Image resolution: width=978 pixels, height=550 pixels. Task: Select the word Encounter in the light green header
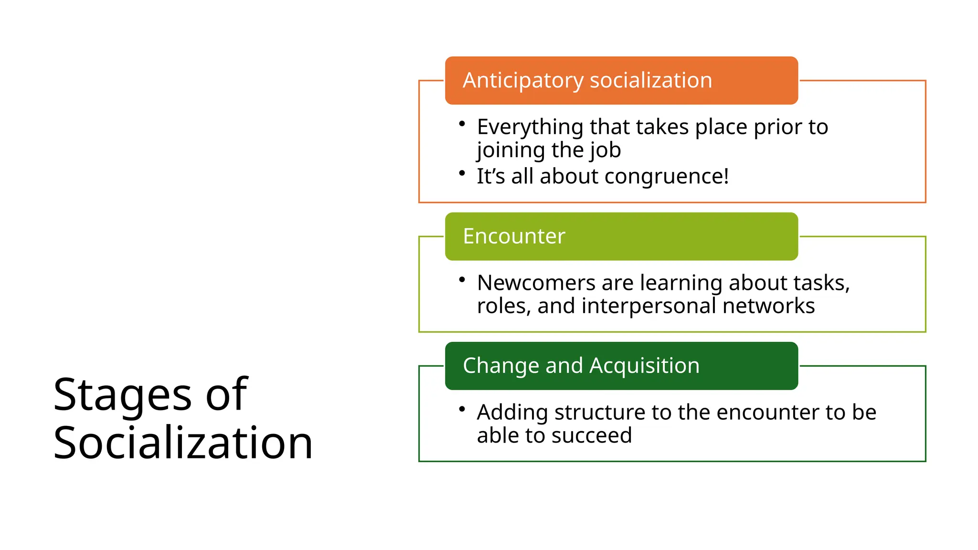point(514,236)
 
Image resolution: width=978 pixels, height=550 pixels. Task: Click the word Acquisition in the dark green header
point(644,366)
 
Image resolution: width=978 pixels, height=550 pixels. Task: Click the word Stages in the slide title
point(122,395)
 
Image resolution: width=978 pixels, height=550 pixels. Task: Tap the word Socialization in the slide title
point(183,443)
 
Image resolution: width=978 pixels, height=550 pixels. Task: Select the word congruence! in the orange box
point(667,177)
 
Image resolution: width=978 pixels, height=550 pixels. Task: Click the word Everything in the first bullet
point(530,127)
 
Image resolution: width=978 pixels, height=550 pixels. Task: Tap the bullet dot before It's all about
point(462,173)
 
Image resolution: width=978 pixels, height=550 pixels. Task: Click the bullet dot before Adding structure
point(462,409)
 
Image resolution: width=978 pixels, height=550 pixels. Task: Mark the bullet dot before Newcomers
point(462,279)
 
